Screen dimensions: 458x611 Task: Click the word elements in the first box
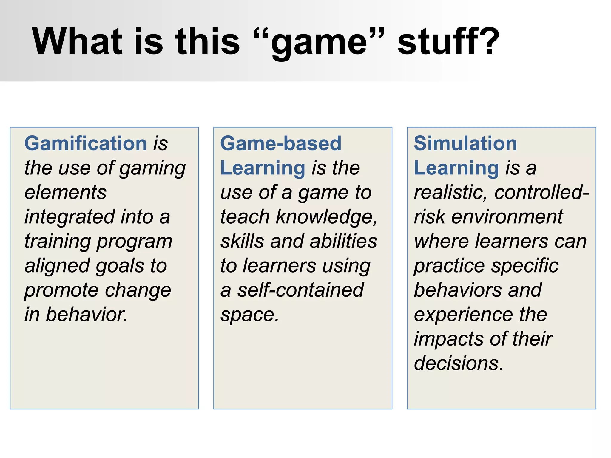click(65, 192)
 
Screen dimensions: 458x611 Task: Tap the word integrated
click(70, 217)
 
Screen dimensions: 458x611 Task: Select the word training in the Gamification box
click(57, 241)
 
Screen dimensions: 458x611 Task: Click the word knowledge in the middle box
click(325, 217)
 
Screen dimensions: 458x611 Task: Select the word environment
click(507, 217)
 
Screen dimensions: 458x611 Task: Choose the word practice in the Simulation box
click(449, 266)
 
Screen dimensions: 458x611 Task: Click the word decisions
click(456, 363)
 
